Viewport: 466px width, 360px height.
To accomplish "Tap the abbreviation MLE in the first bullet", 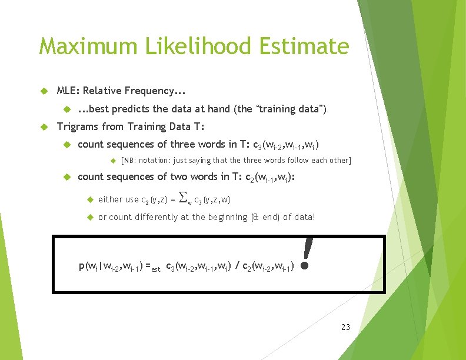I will coord(68,91).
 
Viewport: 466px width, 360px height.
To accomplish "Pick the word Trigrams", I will coord(78,126).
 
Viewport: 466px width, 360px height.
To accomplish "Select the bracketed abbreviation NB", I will coord(129,161).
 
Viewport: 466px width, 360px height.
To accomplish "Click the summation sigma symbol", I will coord(183,198).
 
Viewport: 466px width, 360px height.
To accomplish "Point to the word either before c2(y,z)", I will coord(112,199).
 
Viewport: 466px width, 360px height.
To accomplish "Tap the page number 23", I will coord(345,326).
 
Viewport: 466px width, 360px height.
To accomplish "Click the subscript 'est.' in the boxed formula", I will coord(156,269).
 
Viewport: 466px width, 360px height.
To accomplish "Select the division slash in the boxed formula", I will coord(237,267).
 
